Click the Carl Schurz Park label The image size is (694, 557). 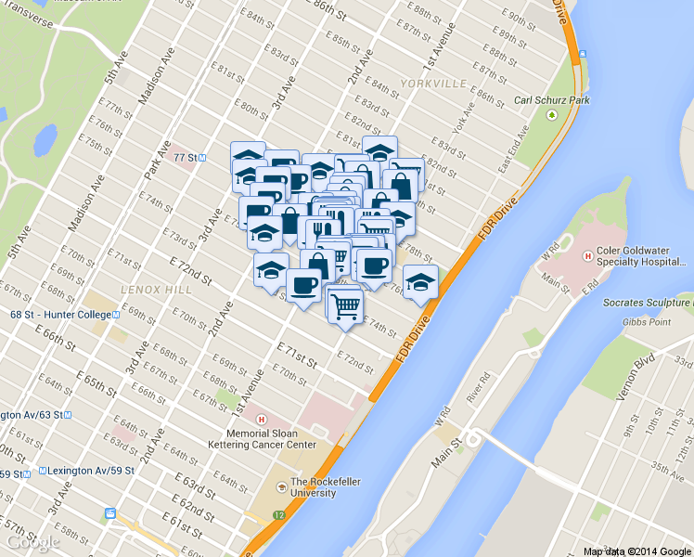tap(552, 99)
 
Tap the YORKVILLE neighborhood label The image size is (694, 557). tap(434, 84)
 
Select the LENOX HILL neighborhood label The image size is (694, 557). tap(155, 291)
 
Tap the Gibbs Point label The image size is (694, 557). tap(648, 322)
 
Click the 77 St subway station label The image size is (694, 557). tap(184, 158)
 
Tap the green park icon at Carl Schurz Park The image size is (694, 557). tap(552, 115)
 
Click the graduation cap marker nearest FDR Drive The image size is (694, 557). tap(420, 279)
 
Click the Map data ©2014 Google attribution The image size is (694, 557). tap(637, 551)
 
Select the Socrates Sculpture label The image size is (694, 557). tap(648, 303)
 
